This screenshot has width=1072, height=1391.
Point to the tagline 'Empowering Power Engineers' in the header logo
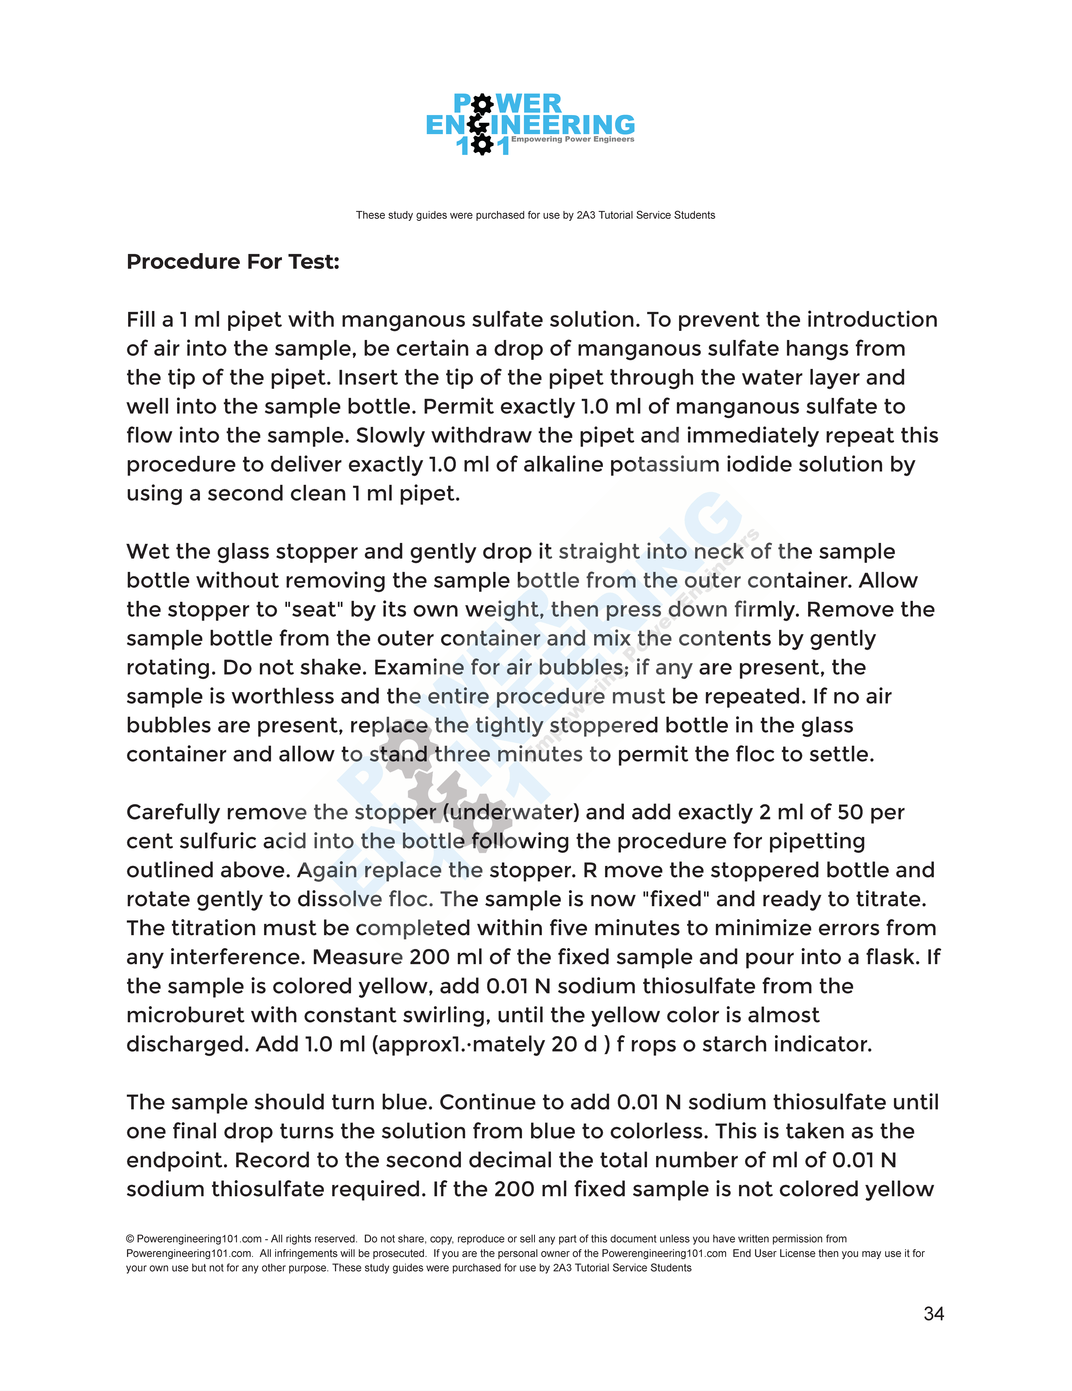pyautogui.click(x=573, y=140)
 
